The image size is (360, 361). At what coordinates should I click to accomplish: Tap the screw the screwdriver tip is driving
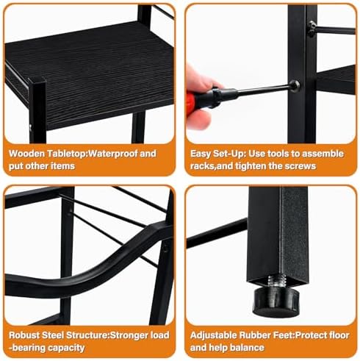click(295, 86)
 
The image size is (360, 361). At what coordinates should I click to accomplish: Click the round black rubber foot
click(276, 302)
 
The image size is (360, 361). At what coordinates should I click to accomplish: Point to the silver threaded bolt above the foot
click(277, 281)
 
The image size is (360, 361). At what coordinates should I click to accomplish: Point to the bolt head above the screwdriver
click(312, 29)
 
